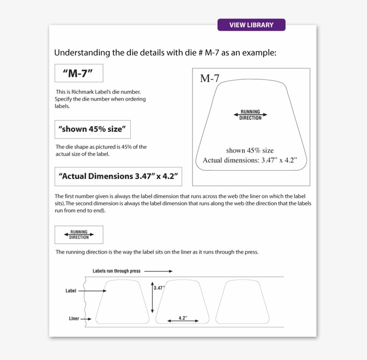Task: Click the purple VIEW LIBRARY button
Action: click(x=251, y=25)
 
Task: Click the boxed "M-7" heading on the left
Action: click(x=79, y=73)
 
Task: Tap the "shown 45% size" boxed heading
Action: click(x=92, y=129)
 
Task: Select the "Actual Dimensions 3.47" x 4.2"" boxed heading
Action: click(x=118, y=176)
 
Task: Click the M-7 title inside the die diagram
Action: click(x=209, y=79)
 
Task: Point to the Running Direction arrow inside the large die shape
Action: click(x=250, y=114)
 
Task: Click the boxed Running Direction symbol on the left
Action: click(x=79, y=234)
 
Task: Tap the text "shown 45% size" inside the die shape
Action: click(x=250, y=150)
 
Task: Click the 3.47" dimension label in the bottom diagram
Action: click(x=159, y=288)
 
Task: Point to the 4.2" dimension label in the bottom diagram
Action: click(x=183, y=318)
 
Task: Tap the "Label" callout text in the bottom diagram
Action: click(x=71, y=291)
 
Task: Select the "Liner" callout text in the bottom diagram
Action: click(x=74, y=319)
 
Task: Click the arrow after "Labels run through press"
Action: click(x=158, y=271)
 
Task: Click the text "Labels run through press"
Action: click(x=116, y=271)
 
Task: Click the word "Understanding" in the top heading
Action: click(x=82, y=53)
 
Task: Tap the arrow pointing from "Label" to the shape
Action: click(x=94, y=291)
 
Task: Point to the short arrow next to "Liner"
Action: click(x=87, y=319)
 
